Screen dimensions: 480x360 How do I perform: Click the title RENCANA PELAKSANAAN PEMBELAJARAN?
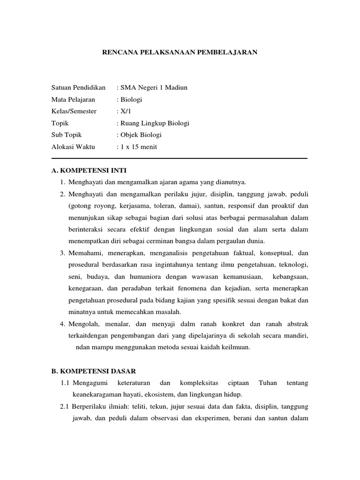[180, 52]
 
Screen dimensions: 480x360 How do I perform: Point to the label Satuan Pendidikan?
[78, 87]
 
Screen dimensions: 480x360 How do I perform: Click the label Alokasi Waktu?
[73, 147]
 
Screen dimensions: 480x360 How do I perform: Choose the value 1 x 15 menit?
[138, 147]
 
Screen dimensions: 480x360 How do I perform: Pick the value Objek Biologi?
[141, 135]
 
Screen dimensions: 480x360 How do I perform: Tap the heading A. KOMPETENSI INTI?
[89, 170]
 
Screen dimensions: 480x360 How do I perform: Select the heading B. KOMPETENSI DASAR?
[93, 371]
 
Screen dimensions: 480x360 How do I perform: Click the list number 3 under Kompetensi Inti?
[62, 253]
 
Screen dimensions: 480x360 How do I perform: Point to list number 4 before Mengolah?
[62, 324]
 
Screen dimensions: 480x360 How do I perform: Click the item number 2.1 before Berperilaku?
[65, 407]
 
